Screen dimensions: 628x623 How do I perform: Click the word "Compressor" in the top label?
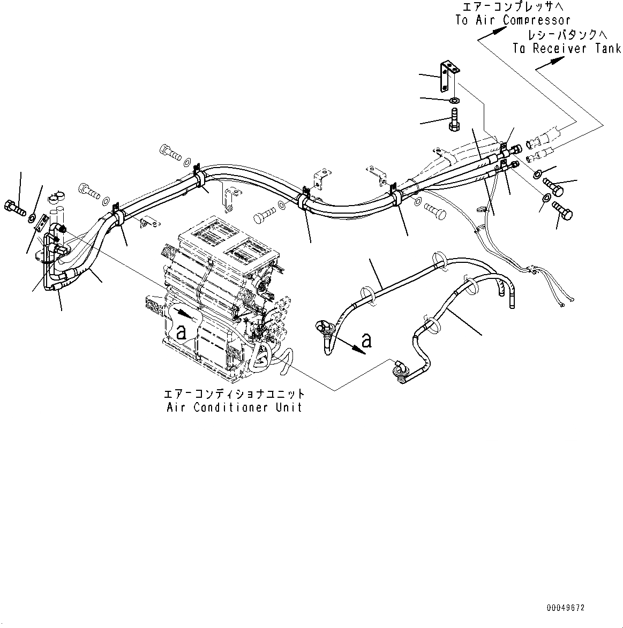point(537,20)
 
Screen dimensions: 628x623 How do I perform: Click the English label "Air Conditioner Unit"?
point(234,407)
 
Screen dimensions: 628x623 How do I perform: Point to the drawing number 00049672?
point(566,608)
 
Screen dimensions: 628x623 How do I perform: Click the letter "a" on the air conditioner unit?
point(182,333)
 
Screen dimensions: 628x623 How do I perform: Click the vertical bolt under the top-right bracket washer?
point(453,121)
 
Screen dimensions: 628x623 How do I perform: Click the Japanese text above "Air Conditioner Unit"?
point(234,394)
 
